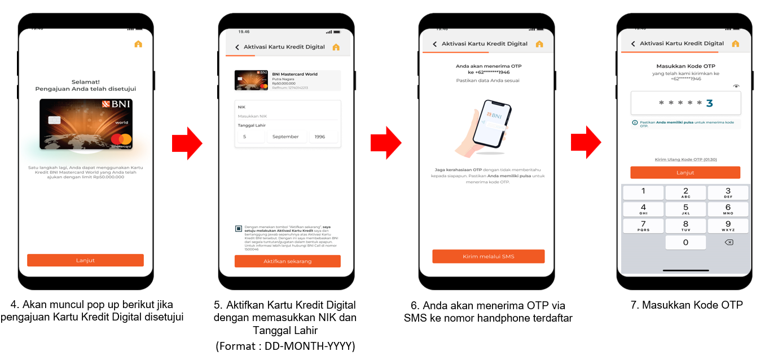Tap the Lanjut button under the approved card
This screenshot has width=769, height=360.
click(x=85, y=260)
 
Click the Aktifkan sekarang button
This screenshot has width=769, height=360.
click(x=287, y=261)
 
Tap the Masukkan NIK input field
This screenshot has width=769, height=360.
click(x=287, y=116)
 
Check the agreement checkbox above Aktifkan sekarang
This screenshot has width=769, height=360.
click(x=239, y=229)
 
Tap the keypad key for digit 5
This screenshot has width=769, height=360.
click(x=685, y=209)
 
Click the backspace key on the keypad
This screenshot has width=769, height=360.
click(x=728, y=242)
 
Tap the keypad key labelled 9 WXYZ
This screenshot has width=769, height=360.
click(x=728, y=226)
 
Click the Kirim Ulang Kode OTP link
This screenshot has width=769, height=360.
click(x=685, y=160)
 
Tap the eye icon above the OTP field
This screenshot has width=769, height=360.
click(x=736, y=86)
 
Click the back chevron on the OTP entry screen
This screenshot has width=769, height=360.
click(x=633, y=44)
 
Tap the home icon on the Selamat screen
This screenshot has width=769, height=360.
click(x=138, y=44)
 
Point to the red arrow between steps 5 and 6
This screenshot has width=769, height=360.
click(x=386, y=143)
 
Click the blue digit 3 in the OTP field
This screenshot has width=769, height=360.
click(x=709, y=103)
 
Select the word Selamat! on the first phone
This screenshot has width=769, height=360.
click(x=85, y=82)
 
